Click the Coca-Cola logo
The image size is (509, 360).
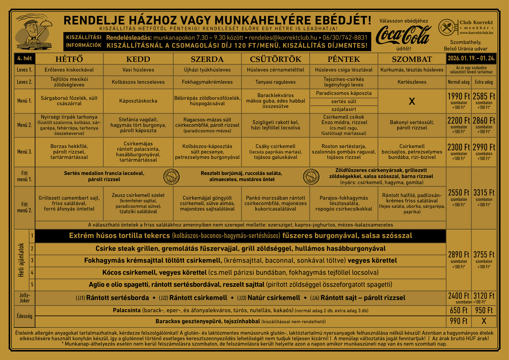click(x=403, y=35)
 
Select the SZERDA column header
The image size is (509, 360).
click(x=207, y=59)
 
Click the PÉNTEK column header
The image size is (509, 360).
click(x=344, y=59)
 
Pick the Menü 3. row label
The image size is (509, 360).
click(x=24, y=152)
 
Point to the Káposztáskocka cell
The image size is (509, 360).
click(x=138, y=101)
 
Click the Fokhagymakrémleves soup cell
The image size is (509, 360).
click(x=207, y=82)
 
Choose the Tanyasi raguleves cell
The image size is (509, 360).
click(x=275, y=82)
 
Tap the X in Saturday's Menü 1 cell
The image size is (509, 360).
click(x=412, y=101)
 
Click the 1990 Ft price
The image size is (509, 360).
click(x=459, y=96)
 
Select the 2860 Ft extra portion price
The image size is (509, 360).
click(x=484, y=121)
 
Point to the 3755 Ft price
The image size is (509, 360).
click(x=484, y=254)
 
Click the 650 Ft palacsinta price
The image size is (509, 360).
click(x=459, y=310)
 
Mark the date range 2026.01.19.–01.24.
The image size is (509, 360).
click(x=471, y=58)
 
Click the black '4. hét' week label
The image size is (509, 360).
click(x=24, y=58)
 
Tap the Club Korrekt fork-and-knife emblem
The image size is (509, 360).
click(x=447, y=27)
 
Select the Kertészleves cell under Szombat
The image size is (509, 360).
click(x=412, y=82)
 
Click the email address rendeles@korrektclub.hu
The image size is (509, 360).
click(x=283, y=38)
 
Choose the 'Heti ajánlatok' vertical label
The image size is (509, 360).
click(x=21, y=260)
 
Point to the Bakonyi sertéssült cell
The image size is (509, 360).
click(x=412, y=125)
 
